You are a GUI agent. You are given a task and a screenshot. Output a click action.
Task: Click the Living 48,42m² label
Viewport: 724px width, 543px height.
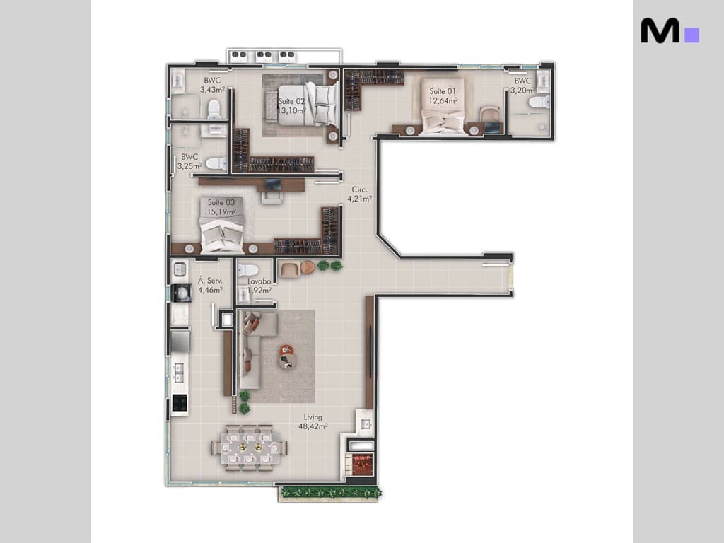(312, 422)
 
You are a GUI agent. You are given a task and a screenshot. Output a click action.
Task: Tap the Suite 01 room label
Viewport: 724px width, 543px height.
(443, 95)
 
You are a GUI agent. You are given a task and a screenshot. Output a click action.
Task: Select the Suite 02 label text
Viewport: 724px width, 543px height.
(291, 106)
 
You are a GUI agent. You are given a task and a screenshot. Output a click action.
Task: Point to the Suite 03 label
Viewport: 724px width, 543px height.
(221, 207)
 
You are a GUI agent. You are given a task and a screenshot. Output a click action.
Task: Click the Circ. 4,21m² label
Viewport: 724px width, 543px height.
(359, 194)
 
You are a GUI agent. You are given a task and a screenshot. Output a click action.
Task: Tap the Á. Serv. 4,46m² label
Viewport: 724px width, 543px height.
(210, 285)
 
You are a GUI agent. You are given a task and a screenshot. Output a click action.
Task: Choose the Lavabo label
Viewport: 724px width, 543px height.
(259, 285)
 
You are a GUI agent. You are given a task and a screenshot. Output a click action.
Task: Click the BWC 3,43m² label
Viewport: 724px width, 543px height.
(212, 86)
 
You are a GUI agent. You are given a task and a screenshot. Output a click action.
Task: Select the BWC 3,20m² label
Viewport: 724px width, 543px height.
(522, 86)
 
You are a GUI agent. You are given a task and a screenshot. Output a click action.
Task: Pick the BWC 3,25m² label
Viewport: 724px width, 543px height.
(189, 161)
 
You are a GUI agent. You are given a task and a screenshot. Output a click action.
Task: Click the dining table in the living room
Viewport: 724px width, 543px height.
(249, 448)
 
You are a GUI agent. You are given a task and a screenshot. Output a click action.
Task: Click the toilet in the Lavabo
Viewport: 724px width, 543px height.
(247, 269)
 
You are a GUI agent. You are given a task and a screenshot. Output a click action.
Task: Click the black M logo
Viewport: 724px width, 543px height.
(660, 30)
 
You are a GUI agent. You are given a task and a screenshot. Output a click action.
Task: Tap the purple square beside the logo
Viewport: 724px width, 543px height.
(692, 35)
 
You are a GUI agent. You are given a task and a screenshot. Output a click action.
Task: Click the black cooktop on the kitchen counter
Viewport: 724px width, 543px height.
(180, 404)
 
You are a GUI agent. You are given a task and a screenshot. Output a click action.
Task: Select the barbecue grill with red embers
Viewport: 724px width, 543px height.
(362, 465)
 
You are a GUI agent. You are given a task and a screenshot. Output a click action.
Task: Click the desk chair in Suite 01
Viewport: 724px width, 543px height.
(489, 115)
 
